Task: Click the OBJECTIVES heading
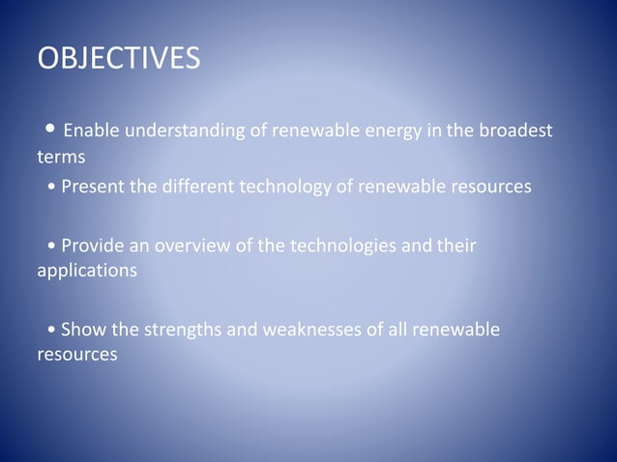point(119,58)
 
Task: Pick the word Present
point(94,186)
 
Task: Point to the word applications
point(87,271)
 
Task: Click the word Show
point(83,331)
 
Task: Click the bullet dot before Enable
point(50,129)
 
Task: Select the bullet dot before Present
point(50,187)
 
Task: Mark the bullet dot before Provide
point(50,246)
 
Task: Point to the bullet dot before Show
point(50,332)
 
